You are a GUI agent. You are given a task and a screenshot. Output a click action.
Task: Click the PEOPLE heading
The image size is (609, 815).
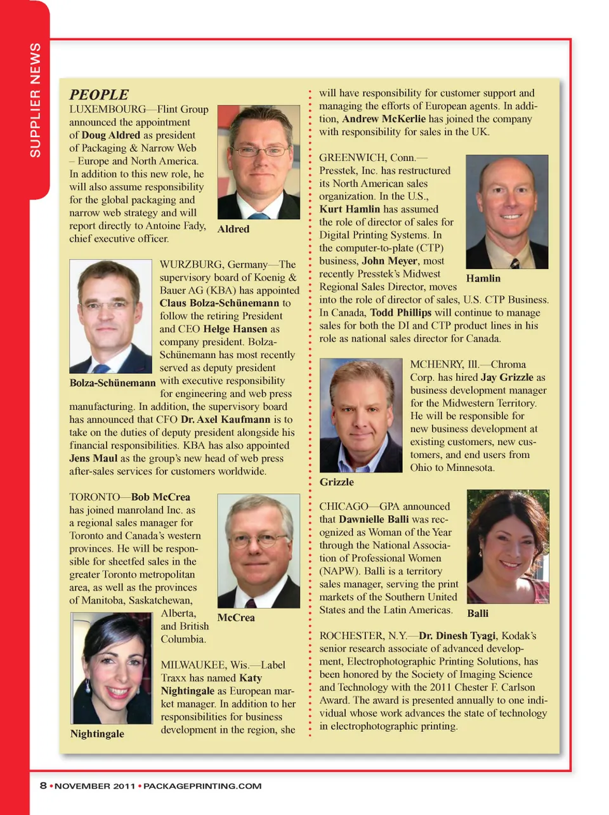[99, 95]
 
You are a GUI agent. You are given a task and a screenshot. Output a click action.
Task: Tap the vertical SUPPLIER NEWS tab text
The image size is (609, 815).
[36, 100]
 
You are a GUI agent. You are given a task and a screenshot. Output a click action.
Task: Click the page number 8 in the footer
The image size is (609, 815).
[43, 785]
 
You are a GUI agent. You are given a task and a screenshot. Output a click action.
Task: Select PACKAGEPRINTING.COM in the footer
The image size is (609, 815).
[202, 786]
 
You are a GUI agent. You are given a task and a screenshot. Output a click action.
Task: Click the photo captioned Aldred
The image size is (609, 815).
[258, 162]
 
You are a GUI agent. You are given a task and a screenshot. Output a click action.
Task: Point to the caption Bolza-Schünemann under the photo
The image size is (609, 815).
[112, 383]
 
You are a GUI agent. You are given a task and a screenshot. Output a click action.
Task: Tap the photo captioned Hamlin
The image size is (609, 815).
[507, 212]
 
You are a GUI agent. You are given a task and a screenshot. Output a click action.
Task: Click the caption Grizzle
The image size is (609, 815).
[336, 482]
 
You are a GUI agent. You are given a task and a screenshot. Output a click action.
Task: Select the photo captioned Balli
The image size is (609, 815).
[507, 547]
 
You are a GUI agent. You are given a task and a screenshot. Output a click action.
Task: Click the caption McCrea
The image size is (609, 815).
[235, 618]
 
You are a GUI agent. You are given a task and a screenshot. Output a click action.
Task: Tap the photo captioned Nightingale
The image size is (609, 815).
[112, 668]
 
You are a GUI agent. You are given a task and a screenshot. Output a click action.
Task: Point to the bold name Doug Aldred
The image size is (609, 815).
[110, 135]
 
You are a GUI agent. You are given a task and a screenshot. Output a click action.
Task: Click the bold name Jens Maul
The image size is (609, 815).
[93, 458]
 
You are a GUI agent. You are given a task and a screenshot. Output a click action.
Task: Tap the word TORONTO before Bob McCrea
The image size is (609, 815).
[95, 497]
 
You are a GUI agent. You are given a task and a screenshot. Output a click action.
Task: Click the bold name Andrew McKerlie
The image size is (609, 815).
[384, 119]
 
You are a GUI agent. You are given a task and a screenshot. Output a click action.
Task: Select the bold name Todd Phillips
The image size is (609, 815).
[400, 312]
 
